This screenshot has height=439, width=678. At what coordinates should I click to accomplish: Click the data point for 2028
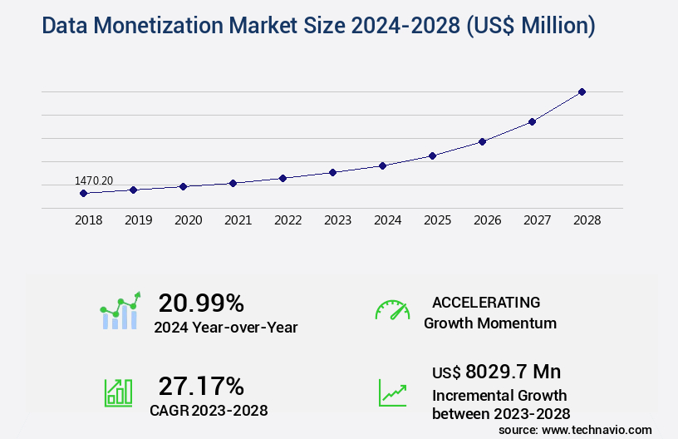582,91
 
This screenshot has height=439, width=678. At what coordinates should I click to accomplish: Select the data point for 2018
83,193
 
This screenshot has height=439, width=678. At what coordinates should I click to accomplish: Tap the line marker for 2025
432,155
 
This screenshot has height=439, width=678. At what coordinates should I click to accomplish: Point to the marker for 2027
532,121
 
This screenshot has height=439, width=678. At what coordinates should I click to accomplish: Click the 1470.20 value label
94,180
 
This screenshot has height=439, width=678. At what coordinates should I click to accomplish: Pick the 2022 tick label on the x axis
287,220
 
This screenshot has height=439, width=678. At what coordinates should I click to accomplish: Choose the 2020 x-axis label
188,220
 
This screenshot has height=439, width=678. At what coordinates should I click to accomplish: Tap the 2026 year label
487,220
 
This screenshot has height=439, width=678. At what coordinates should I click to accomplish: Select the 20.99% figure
201,303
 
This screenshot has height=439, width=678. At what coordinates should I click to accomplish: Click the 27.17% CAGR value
201,386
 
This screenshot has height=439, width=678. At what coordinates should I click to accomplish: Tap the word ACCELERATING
486,302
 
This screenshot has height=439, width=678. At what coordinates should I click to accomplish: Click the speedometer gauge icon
392,310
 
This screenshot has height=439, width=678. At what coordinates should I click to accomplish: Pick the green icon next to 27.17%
118,392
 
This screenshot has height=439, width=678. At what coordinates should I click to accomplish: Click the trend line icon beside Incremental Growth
392,392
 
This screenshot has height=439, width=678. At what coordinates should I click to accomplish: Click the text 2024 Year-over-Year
225,328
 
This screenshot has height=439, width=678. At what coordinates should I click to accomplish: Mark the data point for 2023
332,172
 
